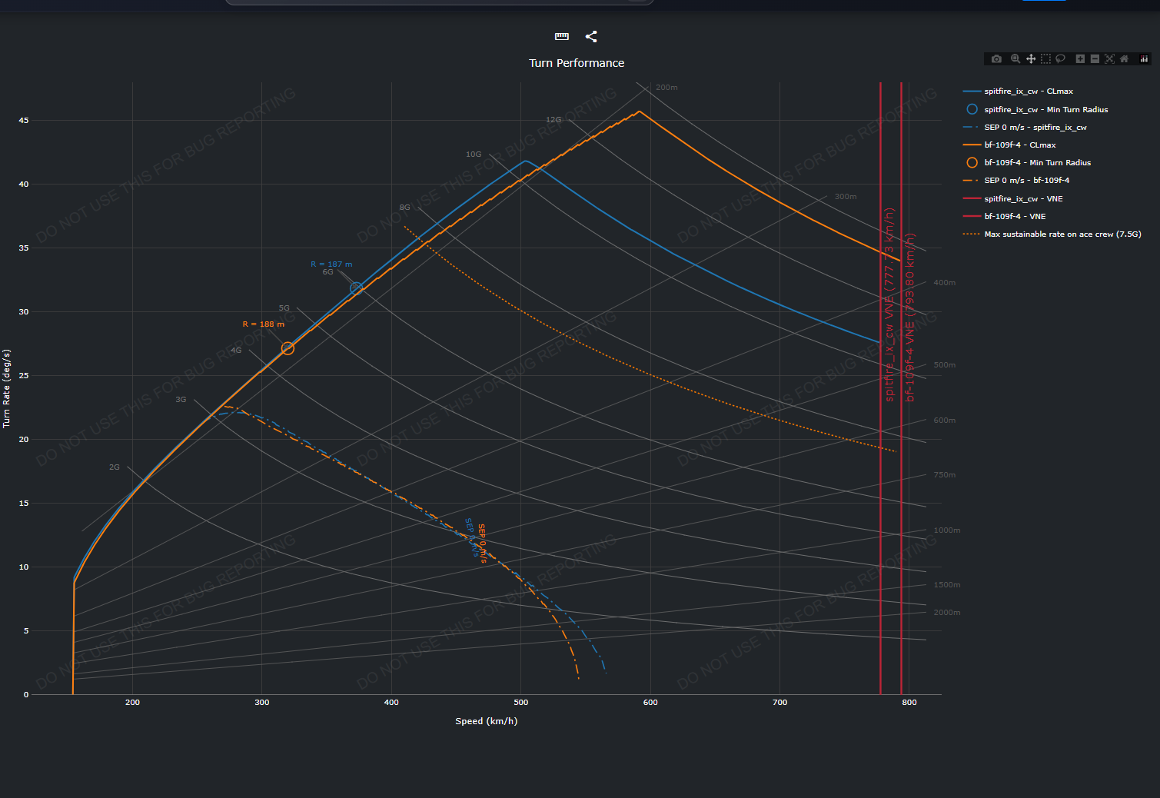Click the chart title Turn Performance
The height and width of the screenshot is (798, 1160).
577,63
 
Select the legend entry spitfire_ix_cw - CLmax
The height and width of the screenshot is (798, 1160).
1028,91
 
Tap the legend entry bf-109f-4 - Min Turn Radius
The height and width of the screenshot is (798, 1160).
1037,163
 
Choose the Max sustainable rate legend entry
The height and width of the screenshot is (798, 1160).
1062,234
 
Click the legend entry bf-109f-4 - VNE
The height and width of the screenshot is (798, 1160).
1015,217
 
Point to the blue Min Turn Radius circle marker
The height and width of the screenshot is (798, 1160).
357,289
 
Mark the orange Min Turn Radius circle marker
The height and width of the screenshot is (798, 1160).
288,348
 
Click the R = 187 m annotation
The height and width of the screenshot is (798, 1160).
331,264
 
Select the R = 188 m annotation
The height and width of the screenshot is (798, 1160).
263,324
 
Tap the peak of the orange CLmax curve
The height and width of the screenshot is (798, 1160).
639,111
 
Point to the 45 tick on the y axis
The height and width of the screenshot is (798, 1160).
24,121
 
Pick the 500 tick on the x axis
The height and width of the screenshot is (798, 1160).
521,703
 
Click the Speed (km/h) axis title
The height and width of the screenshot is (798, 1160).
486,721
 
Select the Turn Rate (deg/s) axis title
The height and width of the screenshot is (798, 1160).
6,388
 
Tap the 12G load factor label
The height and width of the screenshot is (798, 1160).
553,120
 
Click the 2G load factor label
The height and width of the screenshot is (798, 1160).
115,467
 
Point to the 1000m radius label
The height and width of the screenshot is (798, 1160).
946,530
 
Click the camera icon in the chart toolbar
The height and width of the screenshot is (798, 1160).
996,59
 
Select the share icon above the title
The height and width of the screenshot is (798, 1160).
591,36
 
